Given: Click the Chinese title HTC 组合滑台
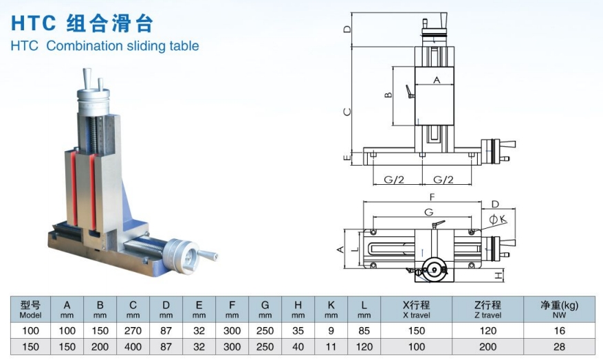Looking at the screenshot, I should point(82,23).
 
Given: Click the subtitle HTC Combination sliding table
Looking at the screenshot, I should point(105,46).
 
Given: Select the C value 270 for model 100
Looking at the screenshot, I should point(133,330).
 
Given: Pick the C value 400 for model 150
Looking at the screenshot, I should point(133,347).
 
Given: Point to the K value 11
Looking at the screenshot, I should point(331,347).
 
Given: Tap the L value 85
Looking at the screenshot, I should point(364,330).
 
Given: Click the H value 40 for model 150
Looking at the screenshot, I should point(298,347).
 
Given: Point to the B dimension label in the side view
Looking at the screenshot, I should point(388,95).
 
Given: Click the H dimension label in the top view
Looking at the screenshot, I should point(500,275).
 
